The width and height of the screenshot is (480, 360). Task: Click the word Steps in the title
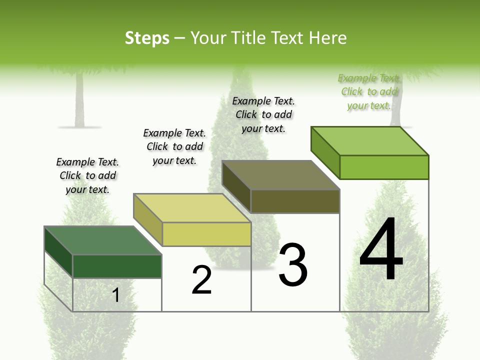(x=147, y=38)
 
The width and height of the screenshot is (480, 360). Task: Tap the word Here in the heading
(x=327, y=38)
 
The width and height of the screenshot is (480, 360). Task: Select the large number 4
(x=381, y=250)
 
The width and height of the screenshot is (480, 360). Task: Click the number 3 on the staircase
(x=293, y=265)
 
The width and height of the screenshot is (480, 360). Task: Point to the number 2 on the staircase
(x=202, y=280)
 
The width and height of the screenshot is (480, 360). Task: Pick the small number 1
(x=116, y=295)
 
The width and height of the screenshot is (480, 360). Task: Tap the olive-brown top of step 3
(x=280, y=175)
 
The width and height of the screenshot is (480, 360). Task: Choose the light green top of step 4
(x=369, y=141)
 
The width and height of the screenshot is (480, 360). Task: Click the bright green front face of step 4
(x=384, y=167)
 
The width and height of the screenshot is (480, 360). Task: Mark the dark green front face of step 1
(x=117, y=266)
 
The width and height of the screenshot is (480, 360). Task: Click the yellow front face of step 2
(x=206, y=234)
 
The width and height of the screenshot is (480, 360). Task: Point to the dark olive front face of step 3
(x=295, y=201)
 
